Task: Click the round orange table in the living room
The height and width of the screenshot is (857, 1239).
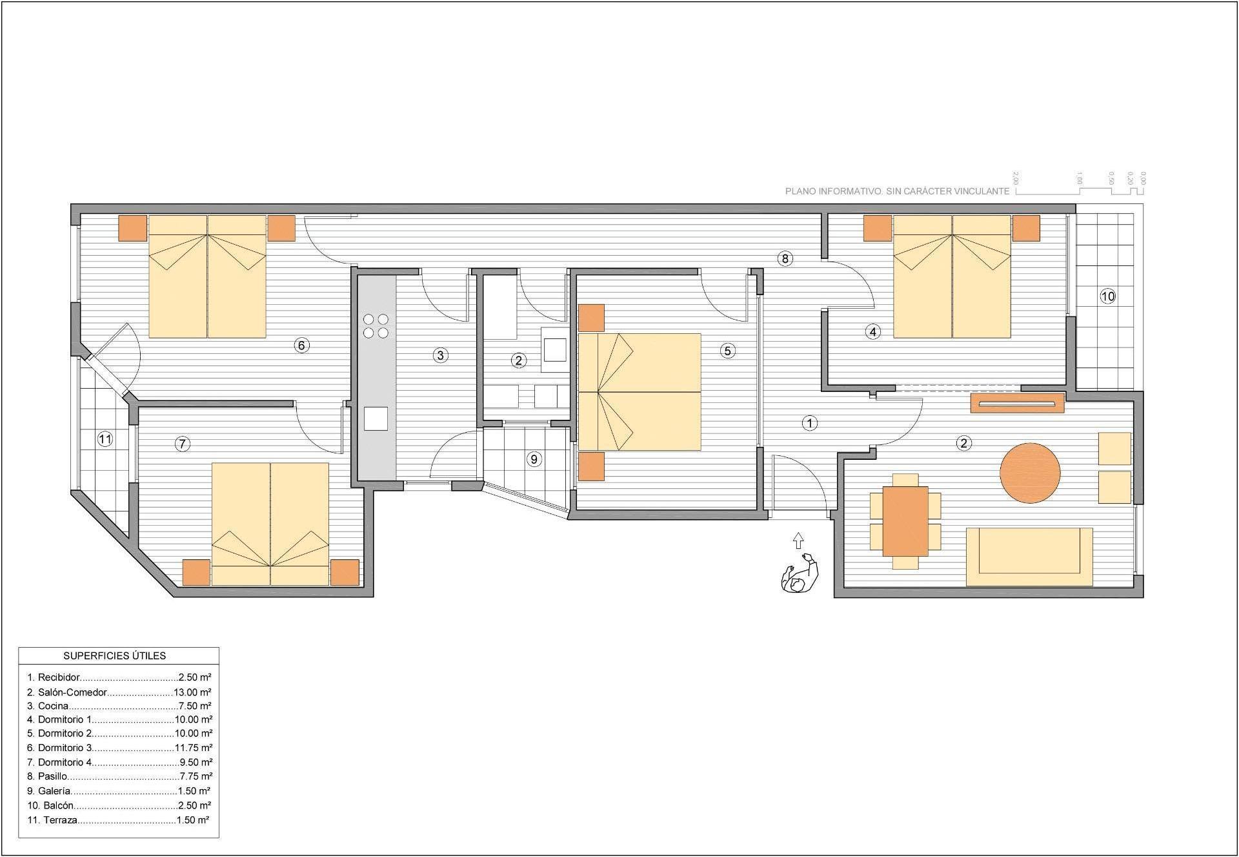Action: [1030, 473]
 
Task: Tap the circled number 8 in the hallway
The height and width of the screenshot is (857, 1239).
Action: [785, 259]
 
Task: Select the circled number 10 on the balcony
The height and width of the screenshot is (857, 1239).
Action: [1107, 296]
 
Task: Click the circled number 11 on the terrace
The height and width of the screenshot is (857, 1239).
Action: [105, 439]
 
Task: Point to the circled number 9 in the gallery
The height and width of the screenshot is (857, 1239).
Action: [534, 459]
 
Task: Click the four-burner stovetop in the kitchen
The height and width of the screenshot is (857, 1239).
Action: [376, 326]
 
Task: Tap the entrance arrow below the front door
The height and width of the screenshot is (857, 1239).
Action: [798, 541]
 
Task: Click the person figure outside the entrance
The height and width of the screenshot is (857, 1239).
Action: [800, 573]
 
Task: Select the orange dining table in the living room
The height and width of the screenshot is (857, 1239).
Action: [905, 521]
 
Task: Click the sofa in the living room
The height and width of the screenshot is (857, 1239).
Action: [1029, 557]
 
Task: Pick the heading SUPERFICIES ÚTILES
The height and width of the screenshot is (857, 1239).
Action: [115, 656]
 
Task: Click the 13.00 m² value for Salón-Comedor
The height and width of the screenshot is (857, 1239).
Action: [193, 692]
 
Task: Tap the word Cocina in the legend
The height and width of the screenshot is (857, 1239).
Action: [53, 706]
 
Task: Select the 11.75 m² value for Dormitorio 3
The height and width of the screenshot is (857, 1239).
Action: [194, 748]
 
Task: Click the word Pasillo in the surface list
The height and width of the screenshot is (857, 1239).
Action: [52, 776]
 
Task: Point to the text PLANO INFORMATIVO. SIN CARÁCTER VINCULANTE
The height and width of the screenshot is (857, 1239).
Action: [897, 191]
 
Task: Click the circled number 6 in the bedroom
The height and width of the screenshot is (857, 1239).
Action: [301, 345]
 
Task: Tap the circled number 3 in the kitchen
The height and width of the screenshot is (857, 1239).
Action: [441, 355]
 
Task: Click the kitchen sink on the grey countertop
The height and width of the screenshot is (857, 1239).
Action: [376, 418]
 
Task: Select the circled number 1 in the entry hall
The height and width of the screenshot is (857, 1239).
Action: [809, 423]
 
